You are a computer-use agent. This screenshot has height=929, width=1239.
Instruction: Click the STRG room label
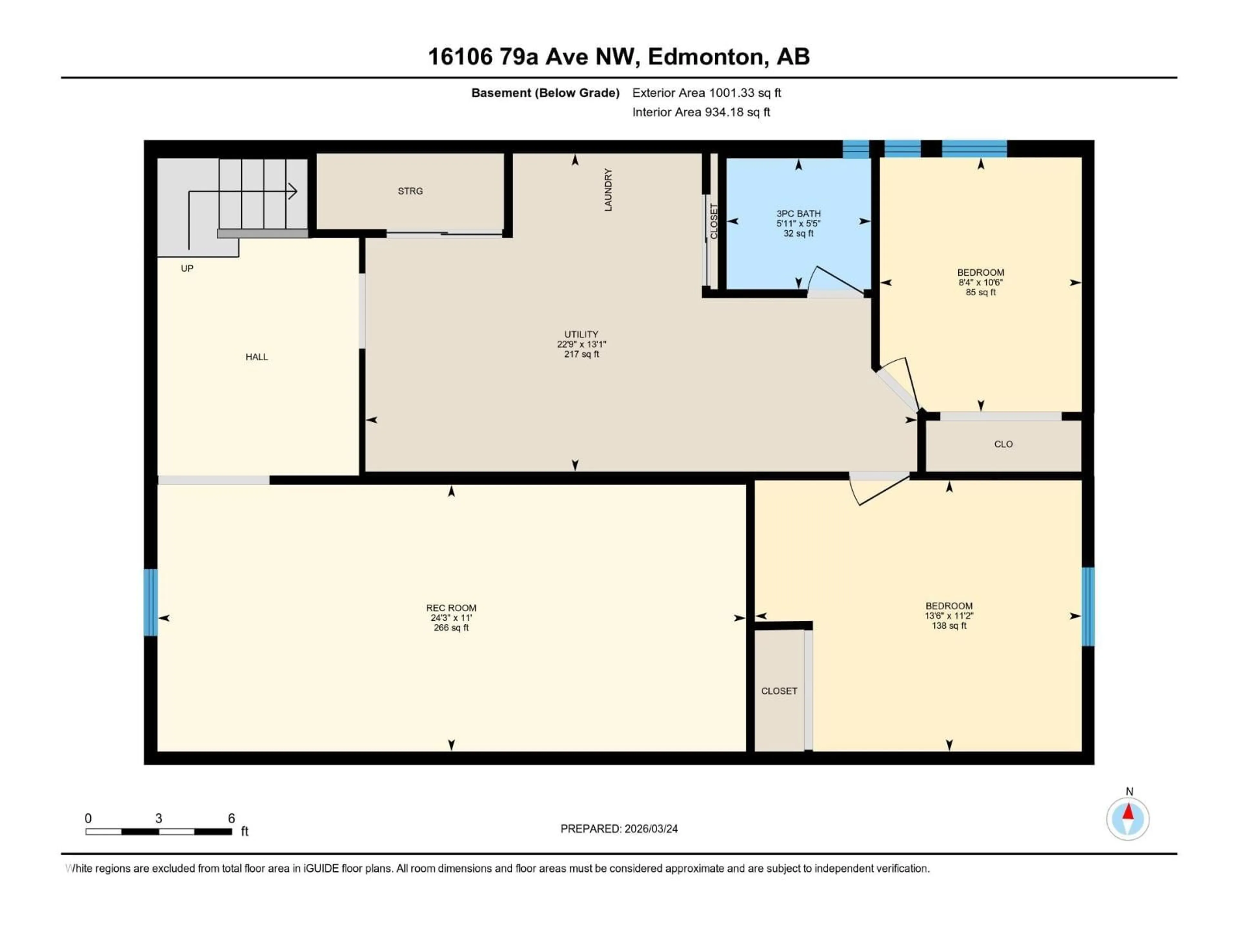[x=410, y=191]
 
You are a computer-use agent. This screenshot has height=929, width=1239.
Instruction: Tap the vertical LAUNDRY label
[x=608, y=190]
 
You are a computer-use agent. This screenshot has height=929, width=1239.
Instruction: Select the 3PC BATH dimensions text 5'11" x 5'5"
[x=798, y=224]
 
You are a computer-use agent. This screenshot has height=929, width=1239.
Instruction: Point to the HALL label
[x=257, y=357]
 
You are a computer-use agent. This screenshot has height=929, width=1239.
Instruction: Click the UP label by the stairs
[x=187, y=268]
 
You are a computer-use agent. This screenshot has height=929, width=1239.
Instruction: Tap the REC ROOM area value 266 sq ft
[x=451, y=628]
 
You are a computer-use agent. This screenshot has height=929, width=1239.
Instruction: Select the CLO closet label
[x=1003, y=444]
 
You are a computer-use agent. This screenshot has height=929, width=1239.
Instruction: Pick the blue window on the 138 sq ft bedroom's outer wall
[x=1087, y=606]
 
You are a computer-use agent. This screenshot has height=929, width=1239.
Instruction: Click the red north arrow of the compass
[x=1128, y=813]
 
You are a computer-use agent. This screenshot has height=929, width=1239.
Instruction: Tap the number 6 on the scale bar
[x=231, y=818]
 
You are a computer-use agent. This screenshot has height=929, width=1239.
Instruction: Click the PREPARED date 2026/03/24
[x=650, y=829]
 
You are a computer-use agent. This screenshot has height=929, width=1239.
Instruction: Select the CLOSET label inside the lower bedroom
[x=779, y=691]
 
